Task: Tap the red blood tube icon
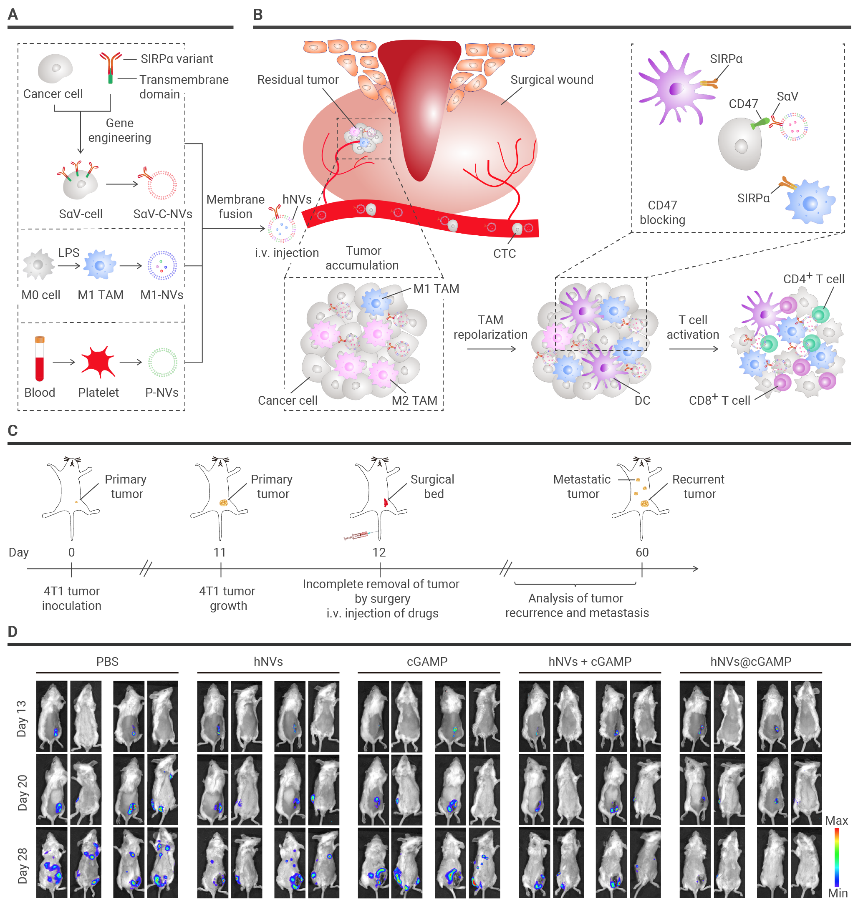(40, 358)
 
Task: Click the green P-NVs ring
(162, 362)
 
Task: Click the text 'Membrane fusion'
(235, 207)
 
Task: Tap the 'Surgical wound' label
(551, 79)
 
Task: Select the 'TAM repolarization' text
(490, 327)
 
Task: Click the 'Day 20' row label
(22, 792)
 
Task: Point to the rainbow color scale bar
(836, 857)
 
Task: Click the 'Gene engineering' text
(119, 130)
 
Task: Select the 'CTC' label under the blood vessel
(504, 253)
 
